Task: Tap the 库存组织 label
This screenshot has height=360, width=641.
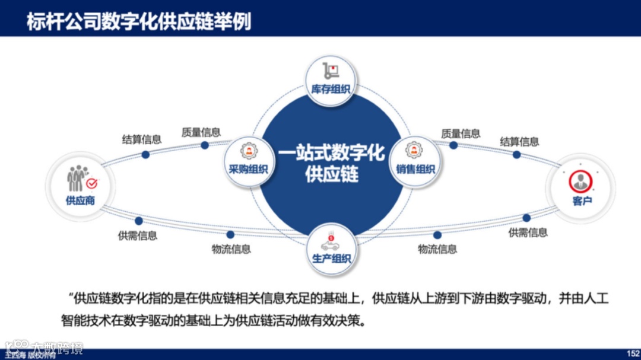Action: (x=331, y=90)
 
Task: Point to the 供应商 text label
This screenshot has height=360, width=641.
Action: (x=80, y=200)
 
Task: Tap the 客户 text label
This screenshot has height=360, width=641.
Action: (x=582, y=200)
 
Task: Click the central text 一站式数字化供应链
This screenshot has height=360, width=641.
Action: (x=331, y=164)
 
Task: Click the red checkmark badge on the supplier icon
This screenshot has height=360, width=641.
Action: (x=92, y=184)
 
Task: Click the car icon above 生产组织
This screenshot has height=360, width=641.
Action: (x=331, y=242)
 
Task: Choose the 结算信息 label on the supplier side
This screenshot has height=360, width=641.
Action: (x=142, y=140)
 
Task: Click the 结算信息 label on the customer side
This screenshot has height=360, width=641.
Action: (x=519, y=142)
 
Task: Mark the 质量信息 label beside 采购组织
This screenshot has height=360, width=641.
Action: (x=201, y=132)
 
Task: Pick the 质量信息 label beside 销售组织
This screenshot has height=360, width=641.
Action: (x=461, y=133)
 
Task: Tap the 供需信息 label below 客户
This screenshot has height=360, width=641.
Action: (x=528, y=232)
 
